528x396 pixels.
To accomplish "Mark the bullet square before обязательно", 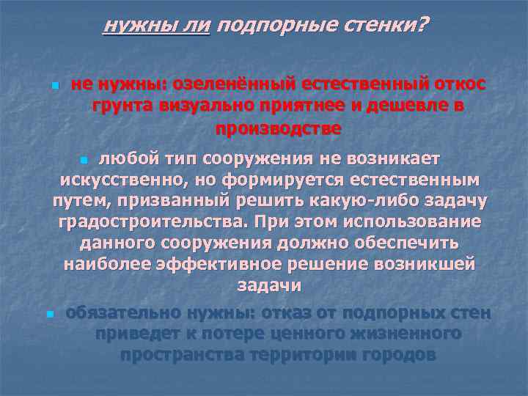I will coord(48,315).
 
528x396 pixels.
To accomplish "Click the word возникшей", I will coord(421,264).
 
